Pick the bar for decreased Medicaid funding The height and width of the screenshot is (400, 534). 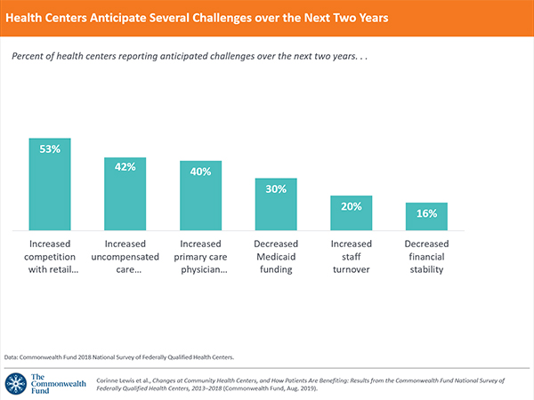(276, 206)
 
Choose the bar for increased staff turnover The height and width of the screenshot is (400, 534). (351, 213)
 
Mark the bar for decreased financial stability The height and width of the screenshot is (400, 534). (426, 216)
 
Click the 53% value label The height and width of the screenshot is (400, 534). (50, 149)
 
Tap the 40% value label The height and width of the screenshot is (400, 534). (200, 172)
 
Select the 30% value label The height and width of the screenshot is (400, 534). (276, 188)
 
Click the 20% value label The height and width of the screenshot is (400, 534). (351, 206)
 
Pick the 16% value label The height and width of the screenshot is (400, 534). (426, 213)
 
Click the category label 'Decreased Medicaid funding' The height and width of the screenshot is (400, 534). (276, 256)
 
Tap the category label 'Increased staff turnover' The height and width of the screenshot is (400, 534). (351, 256)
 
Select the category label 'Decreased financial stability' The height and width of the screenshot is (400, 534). (426, 256)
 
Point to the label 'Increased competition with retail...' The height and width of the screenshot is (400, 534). (50, 256)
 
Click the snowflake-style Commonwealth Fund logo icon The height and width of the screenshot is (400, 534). (15, 383)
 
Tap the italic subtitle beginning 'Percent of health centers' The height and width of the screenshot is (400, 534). (187, 55)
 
